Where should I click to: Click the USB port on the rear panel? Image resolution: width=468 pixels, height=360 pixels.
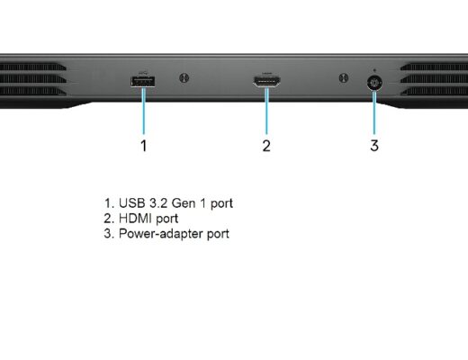coord(143,82)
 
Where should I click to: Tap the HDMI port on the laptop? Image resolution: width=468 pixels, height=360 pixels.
coord(266,81)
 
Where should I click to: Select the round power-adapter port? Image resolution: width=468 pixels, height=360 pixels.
coord(374,83)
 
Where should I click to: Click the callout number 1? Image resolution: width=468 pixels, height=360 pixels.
coord(144,146)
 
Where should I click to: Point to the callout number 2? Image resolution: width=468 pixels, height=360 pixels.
coord(266,146)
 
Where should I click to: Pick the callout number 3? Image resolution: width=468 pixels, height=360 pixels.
coord(374,146)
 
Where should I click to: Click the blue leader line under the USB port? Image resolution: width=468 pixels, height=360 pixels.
coord(144,111)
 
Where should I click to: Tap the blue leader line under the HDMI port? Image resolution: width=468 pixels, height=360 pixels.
coord(266,111)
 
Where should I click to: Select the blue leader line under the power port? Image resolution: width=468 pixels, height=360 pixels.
coord(374,112)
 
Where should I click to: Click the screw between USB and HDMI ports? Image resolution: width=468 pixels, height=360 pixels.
coord(184,78)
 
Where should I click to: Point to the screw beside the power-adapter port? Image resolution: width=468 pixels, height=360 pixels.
coord(344,78)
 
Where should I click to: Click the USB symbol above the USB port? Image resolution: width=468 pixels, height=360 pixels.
coord(144,73)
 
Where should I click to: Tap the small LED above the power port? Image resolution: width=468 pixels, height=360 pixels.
coord(374,70)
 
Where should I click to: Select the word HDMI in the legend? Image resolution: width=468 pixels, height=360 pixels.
coord(136,219)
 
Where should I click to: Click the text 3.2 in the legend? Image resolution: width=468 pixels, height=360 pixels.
coord(158,203)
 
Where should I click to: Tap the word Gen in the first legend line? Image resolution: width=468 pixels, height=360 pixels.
coord(183,203)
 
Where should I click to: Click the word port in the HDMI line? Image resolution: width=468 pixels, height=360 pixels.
coord(167,220)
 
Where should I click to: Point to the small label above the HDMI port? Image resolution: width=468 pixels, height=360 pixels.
coord(266,73)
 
